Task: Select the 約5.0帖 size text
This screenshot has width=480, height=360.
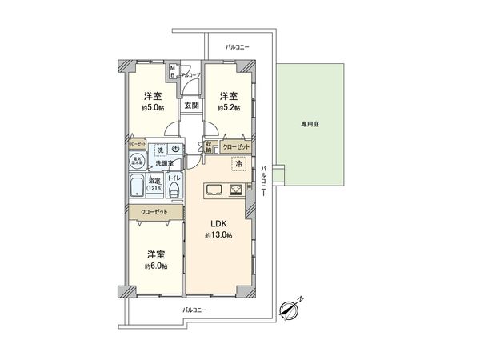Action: point(152,107)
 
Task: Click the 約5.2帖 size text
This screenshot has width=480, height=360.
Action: point(229,107)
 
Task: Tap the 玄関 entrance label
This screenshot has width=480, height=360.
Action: point(190,105)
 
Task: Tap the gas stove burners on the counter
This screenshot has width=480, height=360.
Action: point(238,190)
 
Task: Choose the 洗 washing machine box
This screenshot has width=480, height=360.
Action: point(160,150)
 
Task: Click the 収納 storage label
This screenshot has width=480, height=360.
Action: point(210,147)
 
